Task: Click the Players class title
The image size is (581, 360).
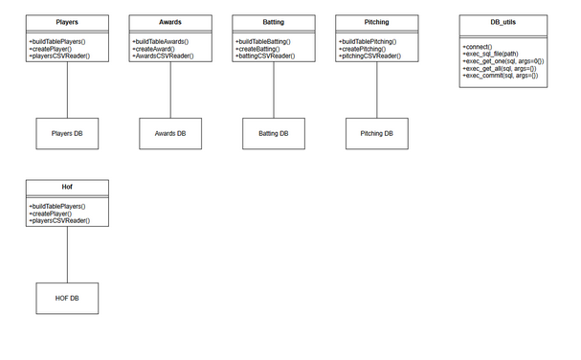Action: point(67,21)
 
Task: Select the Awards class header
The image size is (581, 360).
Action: point(170,21)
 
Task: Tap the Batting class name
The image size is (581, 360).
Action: point(274,21)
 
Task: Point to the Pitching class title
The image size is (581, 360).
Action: point(377,21)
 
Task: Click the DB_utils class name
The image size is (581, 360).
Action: point(503,21)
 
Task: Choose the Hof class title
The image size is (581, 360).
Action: point(67,185)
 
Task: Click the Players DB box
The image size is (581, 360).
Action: point(67,134)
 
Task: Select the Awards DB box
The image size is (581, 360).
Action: point(170,134)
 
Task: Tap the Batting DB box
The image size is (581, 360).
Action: point(274,134)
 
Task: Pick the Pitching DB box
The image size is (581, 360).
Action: point(377,134)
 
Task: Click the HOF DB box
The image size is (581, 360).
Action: point(67,298)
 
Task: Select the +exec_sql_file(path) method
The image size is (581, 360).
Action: point(491,54)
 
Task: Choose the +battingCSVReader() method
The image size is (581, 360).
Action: point(265,57)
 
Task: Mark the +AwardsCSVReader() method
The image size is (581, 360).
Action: point(163,57)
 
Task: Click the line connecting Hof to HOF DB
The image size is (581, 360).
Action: point(67,255)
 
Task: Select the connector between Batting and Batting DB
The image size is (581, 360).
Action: point(274,91)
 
